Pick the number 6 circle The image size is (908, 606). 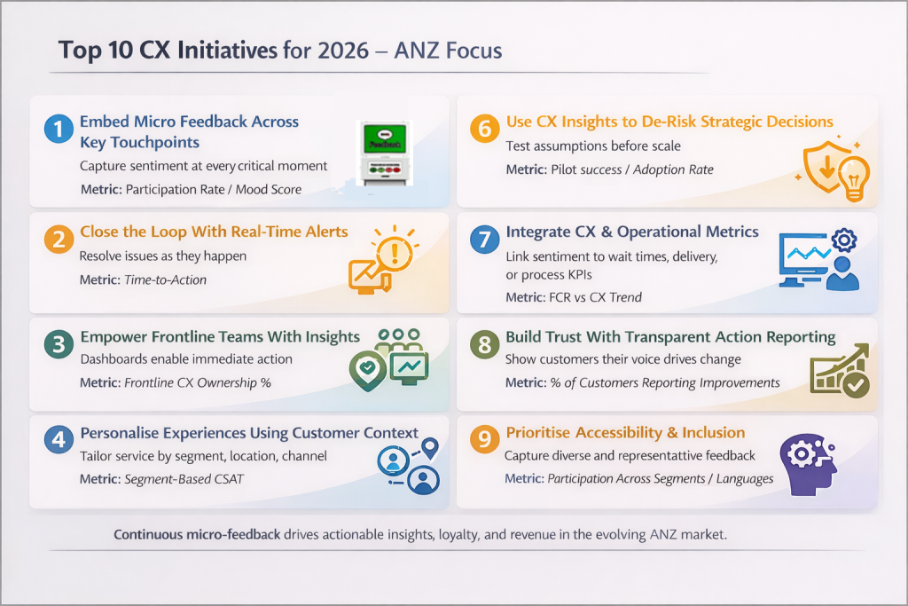pos(484,130)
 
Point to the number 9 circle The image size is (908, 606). pos(484,442)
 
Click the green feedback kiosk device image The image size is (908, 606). pos(385,152)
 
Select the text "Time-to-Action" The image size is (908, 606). pos(164,279)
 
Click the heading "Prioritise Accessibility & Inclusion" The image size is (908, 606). pos(625,433)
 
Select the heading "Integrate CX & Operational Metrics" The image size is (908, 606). pos(632,232)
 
